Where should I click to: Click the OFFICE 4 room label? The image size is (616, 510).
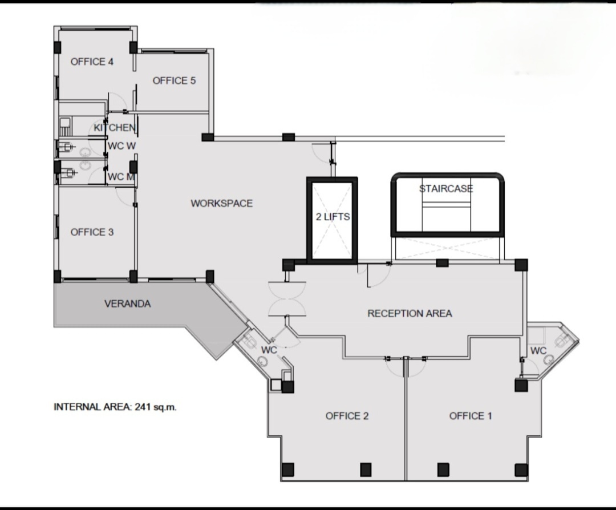pos(92,62)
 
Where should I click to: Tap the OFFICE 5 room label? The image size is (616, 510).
pos(174,80)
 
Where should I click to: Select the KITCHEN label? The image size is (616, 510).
pos(114,128)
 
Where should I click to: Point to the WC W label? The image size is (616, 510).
pos(122,146)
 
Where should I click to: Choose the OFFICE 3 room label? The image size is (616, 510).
pos(92,232)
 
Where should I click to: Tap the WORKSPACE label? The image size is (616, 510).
pos(221,203)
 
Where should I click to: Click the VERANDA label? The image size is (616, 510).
pos(128,303)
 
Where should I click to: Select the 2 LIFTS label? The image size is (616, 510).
pos(333,217)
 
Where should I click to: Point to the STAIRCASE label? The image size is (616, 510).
pos(446,189)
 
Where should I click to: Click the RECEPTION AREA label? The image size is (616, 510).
pos(410,314)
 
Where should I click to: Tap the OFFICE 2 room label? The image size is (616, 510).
pos(347,416)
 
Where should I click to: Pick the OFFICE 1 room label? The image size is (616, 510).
pos(470,416)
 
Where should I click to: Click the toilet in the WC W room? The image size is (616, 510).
pos(66,147)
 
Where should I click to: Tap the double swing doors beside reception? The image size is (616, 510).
pos(287,299)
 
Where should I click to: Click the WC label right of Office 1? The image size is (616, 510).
pos(538,350)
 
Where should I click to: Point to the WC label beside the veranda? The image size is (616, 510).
pos(269,350)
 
